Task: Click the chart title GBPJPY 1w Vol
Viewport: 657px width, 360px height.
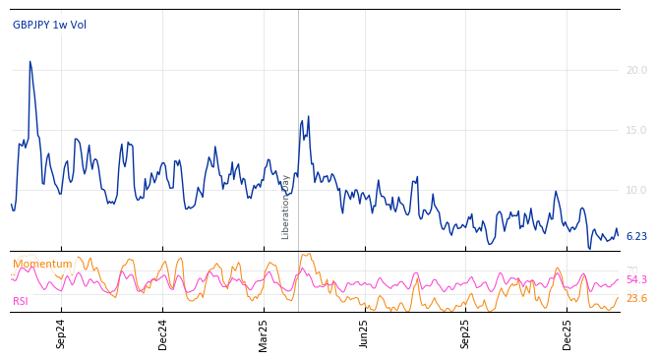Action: point(49,26)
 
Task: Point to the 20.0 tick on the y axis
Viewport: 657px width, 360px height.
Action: point(636,70)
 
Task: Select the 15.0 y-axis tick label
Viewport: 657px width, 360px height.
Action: point(636,130)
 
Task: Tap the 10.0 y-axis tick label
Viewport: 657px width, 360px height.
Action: point(636,190)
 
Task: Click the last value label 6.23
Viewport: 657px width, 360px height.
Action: point(636,237)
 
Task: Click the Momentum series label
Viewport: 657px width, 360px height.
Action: point(42,265)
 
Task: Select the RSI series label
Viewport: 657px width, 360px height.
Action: point(22,302)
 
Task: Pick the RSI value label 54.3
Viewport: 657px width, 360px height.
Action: point(636,280)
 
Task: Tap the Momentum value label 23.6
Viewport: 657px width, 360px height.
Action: point(636,299)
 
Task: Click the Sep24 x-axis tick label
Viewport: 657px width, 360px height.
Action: point(61,333)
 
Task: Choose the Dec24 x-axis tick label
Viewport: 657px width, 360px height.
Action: point(163,333)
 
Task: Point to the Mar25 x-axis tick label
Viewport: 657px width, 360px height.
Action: point(264,333)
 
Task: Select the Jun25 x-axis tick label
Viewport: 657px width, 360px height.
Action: point(365,333)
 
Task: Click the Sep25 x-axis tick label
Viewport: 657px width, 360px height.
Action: point(466,333)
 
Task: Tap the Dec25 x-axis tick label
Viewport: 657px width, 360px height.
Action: point(567,333)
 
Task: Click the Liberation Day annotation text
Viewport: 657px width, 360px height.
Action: point(286,207)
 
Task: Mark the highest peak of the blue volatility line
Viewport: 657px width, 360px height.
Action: point(30,61)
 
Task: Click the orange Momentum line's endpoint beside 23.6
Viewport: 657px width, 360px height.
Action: point(619,298)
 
